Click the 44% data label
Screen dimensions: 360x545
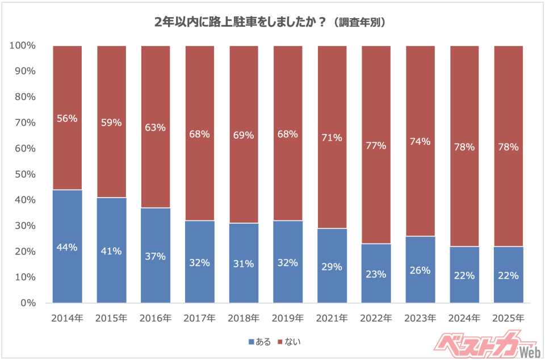tap(68, 247)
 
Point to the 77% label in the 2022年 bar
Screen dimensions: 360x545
tap(376, 145)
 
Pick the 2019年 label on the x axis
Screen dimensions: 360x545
tap(288, 318)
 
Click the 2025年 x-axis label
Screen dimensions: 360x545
tap(508, 318)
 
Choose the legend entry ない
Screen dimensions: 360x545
tap(290, 342)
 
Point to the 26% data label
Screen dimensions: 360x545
tap(420, 270)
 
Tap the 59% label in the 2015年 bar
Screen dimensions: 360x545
tap(111, 122)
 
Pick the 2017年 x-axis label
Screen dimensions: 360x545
tap(200, 318)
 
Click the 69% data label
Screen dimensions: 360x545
tap(244, 135)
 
